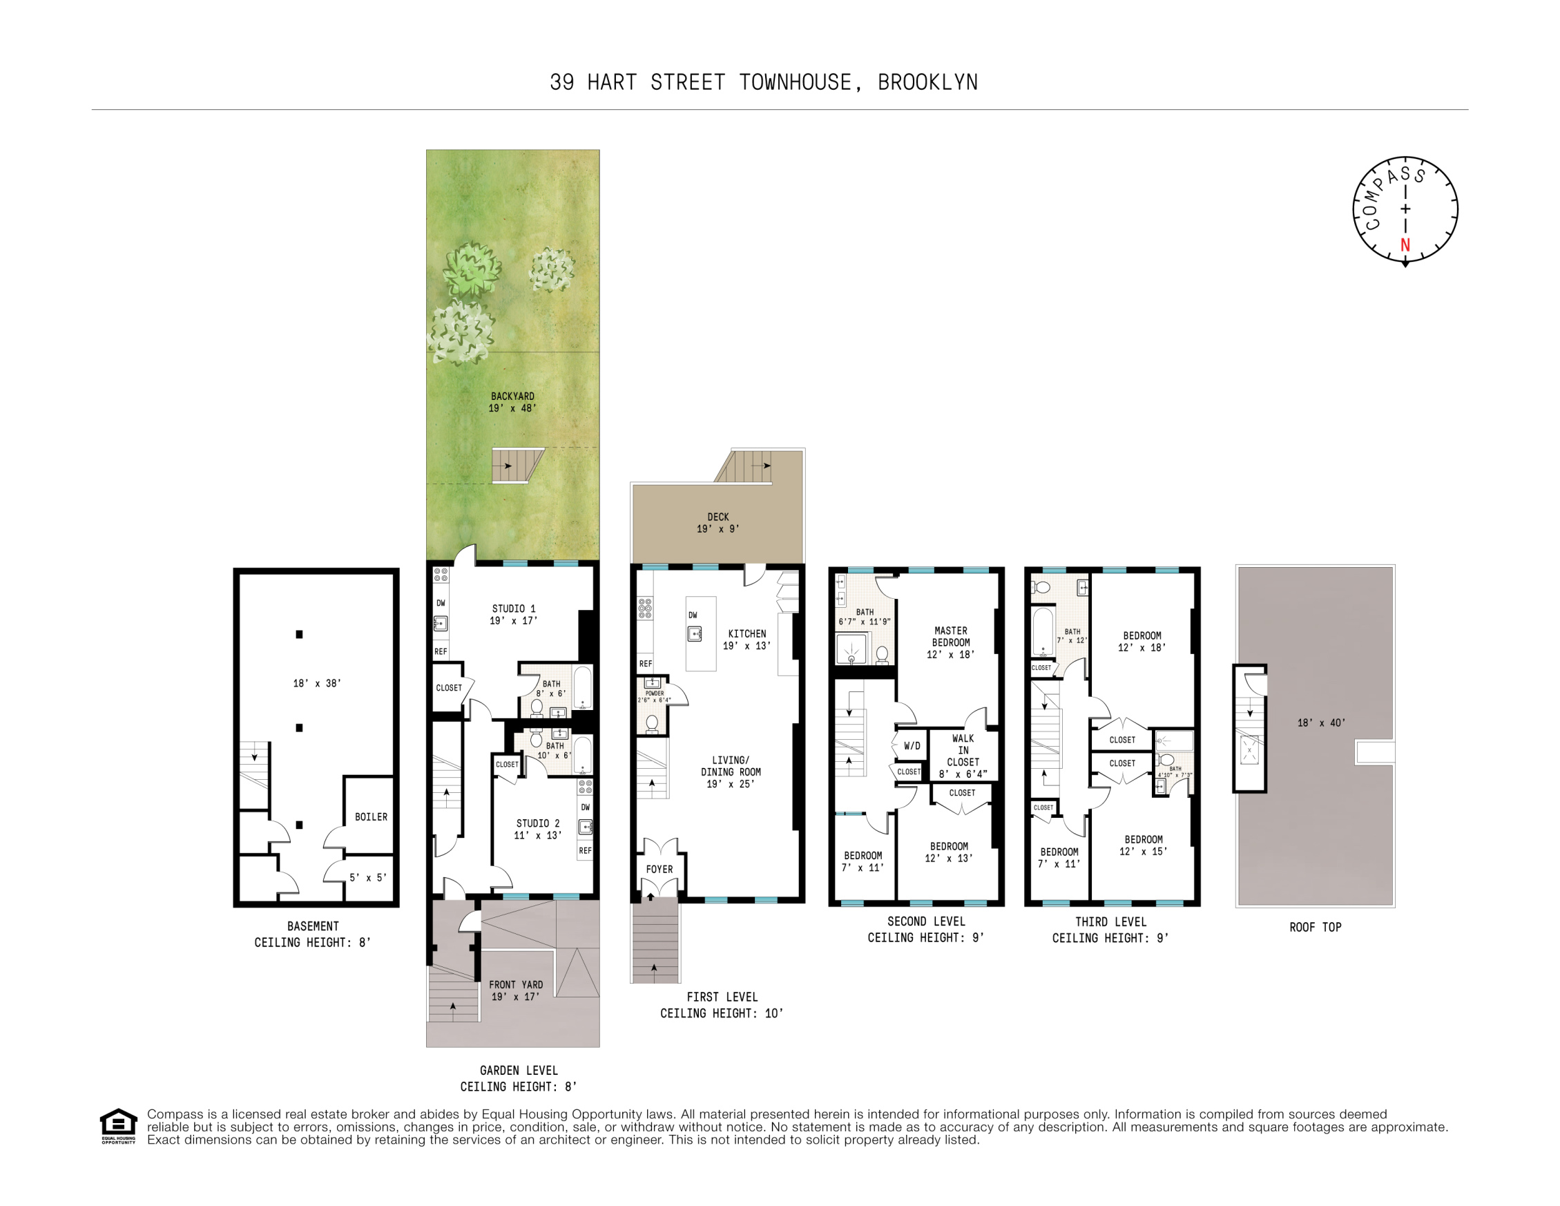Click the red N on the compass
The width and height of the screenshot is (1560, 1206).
(1405, 245)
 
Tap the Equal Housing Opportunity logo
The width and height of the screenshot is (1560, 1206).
(118, 1125)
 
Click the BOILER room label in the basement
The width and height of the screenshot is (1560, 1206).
(371, 816)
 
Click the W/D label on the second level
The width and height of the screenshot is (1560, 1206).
(912, 746)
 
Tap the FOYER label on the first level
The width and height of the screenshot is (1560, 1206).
(659, 870)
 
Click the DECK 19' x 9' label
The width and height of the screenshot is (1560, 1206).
(718, 522)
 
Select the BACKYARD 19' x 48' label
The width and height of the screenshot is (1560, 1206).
(512, 401)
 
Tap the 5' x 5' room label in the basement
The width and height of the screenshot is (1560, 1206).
(368, 877)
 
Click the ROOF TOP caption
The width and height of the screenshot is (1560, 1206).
(1315, 928)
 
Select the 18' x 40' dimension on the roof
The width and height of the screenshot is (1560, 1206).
(1320, 723)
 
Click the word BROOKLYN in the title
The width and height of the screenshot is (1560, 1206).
(927, 83)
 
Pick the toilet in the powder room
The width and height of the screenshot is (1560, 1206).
(651, 723)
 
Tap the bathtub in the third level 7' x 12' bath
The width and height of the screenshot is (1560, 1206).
(1043, 631)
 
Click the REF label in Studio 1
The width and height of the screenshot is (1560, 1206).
(441, 651)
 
